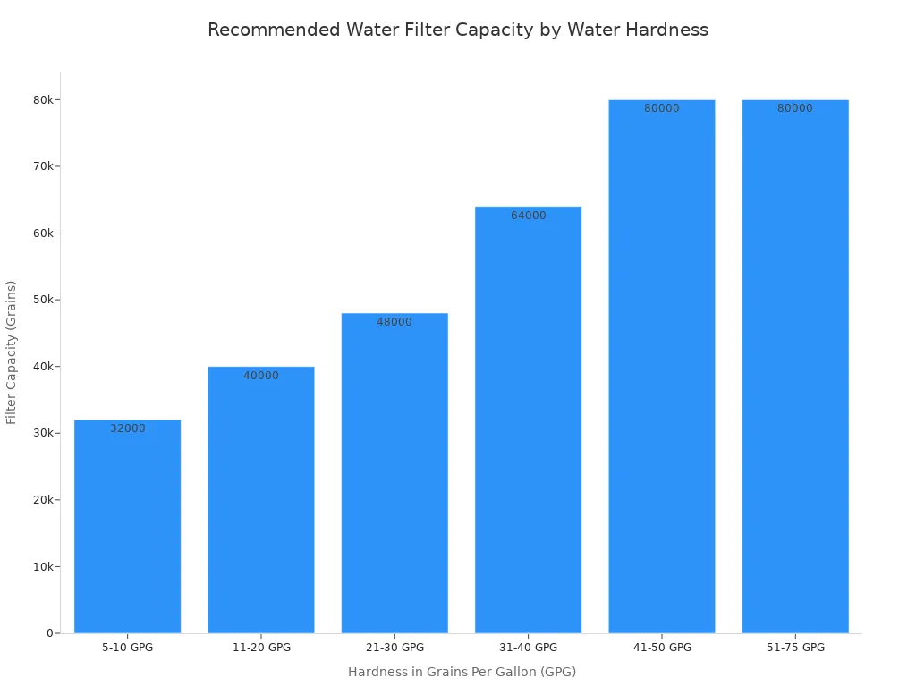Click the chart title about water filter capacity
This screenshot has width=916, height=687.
457,30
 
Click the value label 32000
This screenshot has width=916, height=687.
128,429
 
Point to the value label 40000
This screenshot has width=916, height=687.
261,376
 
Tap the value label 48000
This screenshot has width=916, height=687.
394,322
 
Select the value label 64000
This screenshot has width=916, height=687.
529,216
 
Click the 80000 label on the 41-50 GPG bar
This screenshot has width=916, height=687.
662,109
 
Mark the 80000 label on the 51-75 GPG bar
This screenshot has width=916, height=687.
795,109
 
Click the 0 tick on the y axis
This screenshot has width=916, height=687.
50,633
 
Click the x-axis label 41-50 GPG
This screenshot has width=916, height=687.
662,648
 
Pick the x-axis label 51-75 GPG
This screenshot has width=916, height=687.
795,648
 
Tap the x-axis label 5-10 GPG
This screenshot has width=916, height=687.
128,648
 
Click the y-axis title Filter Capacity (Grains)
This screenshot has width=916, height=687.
12,352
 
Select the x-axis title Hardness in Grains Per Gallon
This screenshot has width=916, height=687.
462,672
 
